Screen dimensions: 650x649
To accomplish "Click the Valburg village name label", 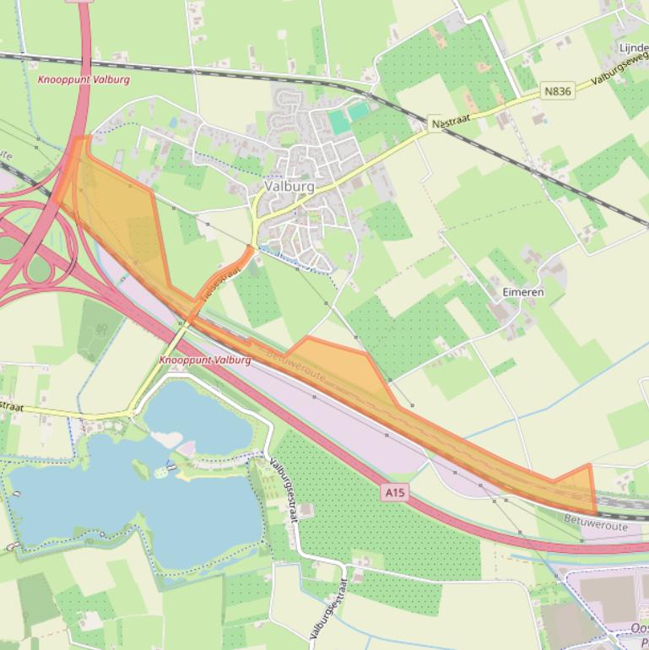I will pos(289,187).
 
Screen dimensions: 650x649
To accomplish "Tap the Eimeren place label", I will pos(522,292).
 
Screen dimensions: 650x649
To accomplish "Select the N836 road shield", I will pos(558,91).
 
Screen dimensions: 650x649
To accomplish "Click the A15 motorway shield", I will pos(393,491).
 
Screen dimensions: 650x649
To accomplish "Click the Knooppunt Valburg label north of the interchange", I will pos(84,79).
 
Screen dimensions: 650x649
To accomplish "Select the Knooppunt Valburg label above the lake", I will pos(205,360).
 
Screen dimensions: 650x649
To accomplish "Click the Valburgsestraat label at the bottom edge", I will pos(325,610).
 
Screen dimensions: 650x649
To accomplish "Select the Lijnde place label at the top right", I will pos(633,48).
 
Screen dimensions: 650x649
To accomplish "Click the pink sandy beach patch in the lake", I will pos(186,448).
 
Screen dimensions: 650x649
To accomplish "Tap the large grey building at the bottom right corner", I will pos(607,596).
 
